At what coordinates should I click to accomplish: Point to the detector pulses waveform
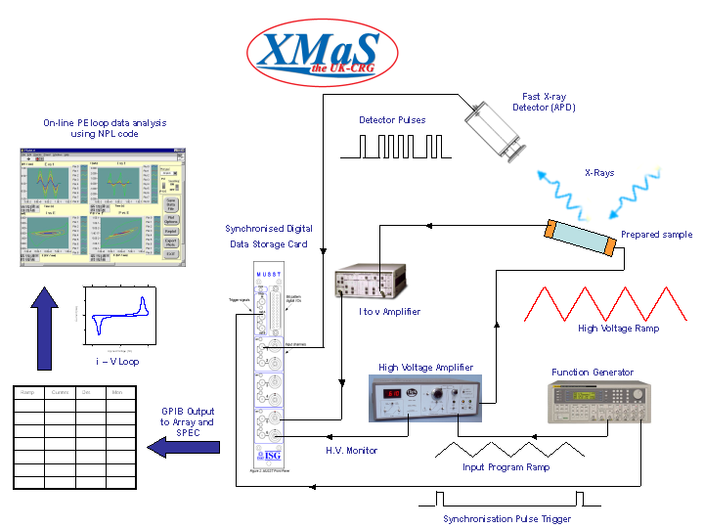pyautogui.click(x=392, y=147)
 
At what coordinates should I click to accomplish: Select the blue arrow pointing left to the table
pyautogui.click(x=180, y=447)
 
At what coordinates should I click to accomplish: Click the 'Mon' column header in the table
pyautogui.click(x=117, y=393)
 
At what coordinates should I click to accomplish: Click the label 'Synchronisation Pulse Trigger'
pyautogui.click(x=506, y=519)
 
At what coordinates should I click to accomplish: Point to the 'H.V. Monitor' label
pyautogui.click(x=350, y=450)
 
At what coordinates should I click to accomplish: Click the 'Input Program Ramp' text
pyautogui.click(x=506, y=467)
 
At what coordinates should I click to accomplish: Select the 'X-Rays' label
pyautogui.click(x=599, y=173)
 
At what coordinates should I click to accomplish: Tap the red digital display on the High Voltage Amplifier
pyautogui.click(x=391, y=395)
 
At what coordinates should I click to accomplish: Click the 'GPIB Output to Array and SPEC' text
pyautogui.click(x=188, y=421)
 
